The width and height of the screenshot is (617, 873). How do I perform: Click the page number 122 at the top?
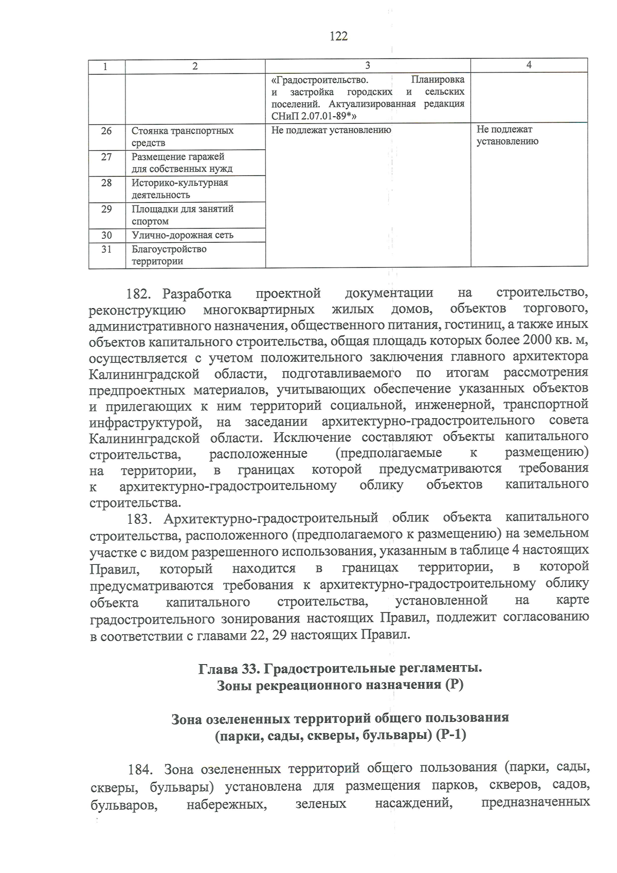pyautogui.click(x=338, y=36)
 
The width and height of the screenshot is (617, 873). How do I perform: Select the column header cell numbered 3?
pyautogui.click(x=367, y=65)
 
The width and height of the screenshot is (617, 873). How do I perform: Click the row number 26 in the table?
pyautogui.click(x=106, y=131)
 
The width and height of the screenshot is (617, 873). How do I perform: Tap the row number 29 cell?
pyautogui.click(x=106, y=209)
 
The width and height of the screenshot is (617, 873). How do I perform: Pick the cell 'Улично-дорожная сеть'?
pyautogui.click(x=183, y=235)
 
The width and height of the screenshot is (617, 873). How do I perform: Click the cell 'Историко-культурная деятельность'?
pyautogui.click(x=179, y=189)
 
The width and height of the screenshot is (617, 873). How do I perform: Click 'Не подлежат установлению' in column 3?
pyautogui.click(x=331, y=130)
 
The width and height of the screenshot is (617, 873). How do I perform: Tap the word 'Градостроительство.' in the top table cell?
pyautogui.click(x=320, y=80)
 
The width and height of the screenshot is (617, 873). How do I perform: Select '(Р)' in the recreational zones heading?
pyautogui.click(x=454, y=685)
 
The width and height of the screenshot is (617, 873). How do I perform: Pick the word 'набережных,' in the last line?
pyautogui.click(x=227, y=804)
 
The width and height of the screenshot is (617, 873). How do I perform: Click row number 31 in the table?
pyautogui.click(x=106, y=249)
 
